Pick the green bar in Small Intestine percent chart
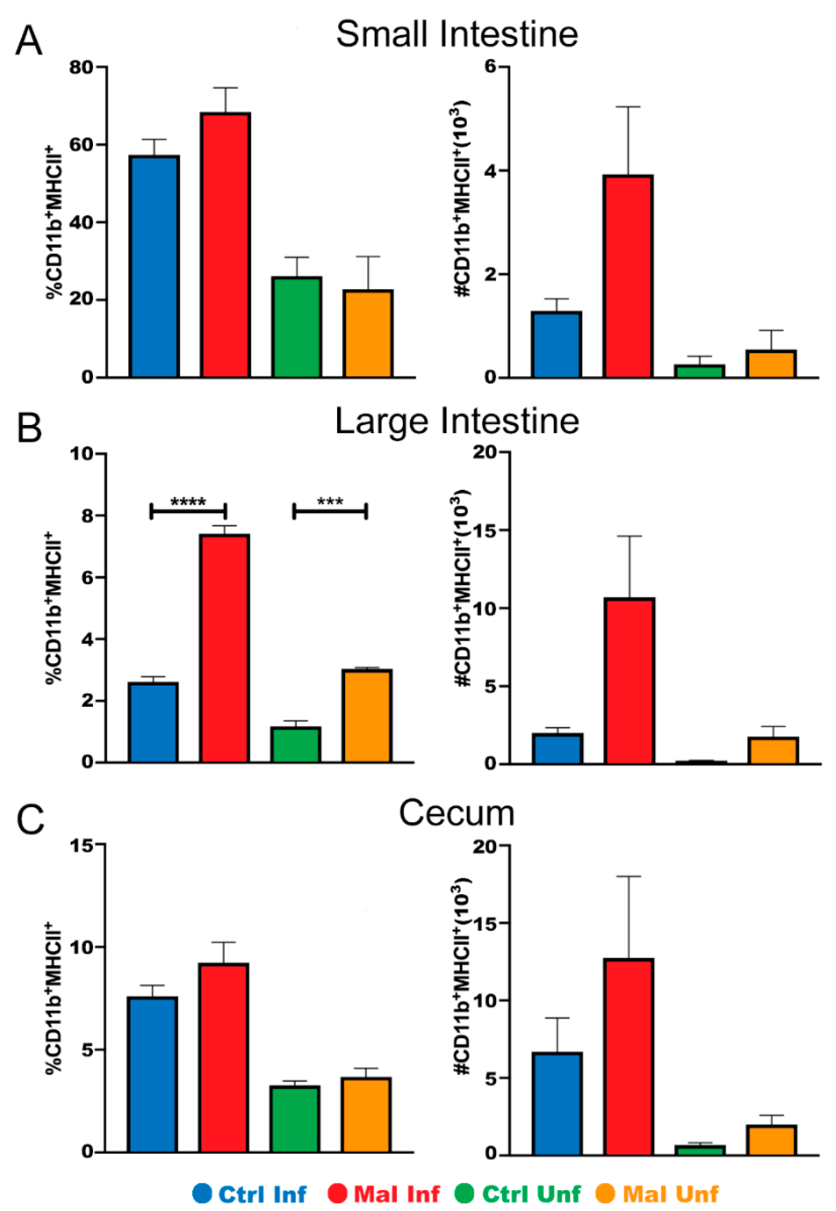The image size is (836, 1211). point(296,327)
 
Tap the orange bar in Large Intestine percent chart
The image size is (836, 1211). point(367,716)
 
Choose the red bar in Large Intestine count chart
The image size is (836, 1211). point(629,681)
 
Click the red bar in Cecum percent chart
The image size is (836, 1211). point(224,1058)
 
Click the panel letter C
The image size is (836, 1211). point(30,820)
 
